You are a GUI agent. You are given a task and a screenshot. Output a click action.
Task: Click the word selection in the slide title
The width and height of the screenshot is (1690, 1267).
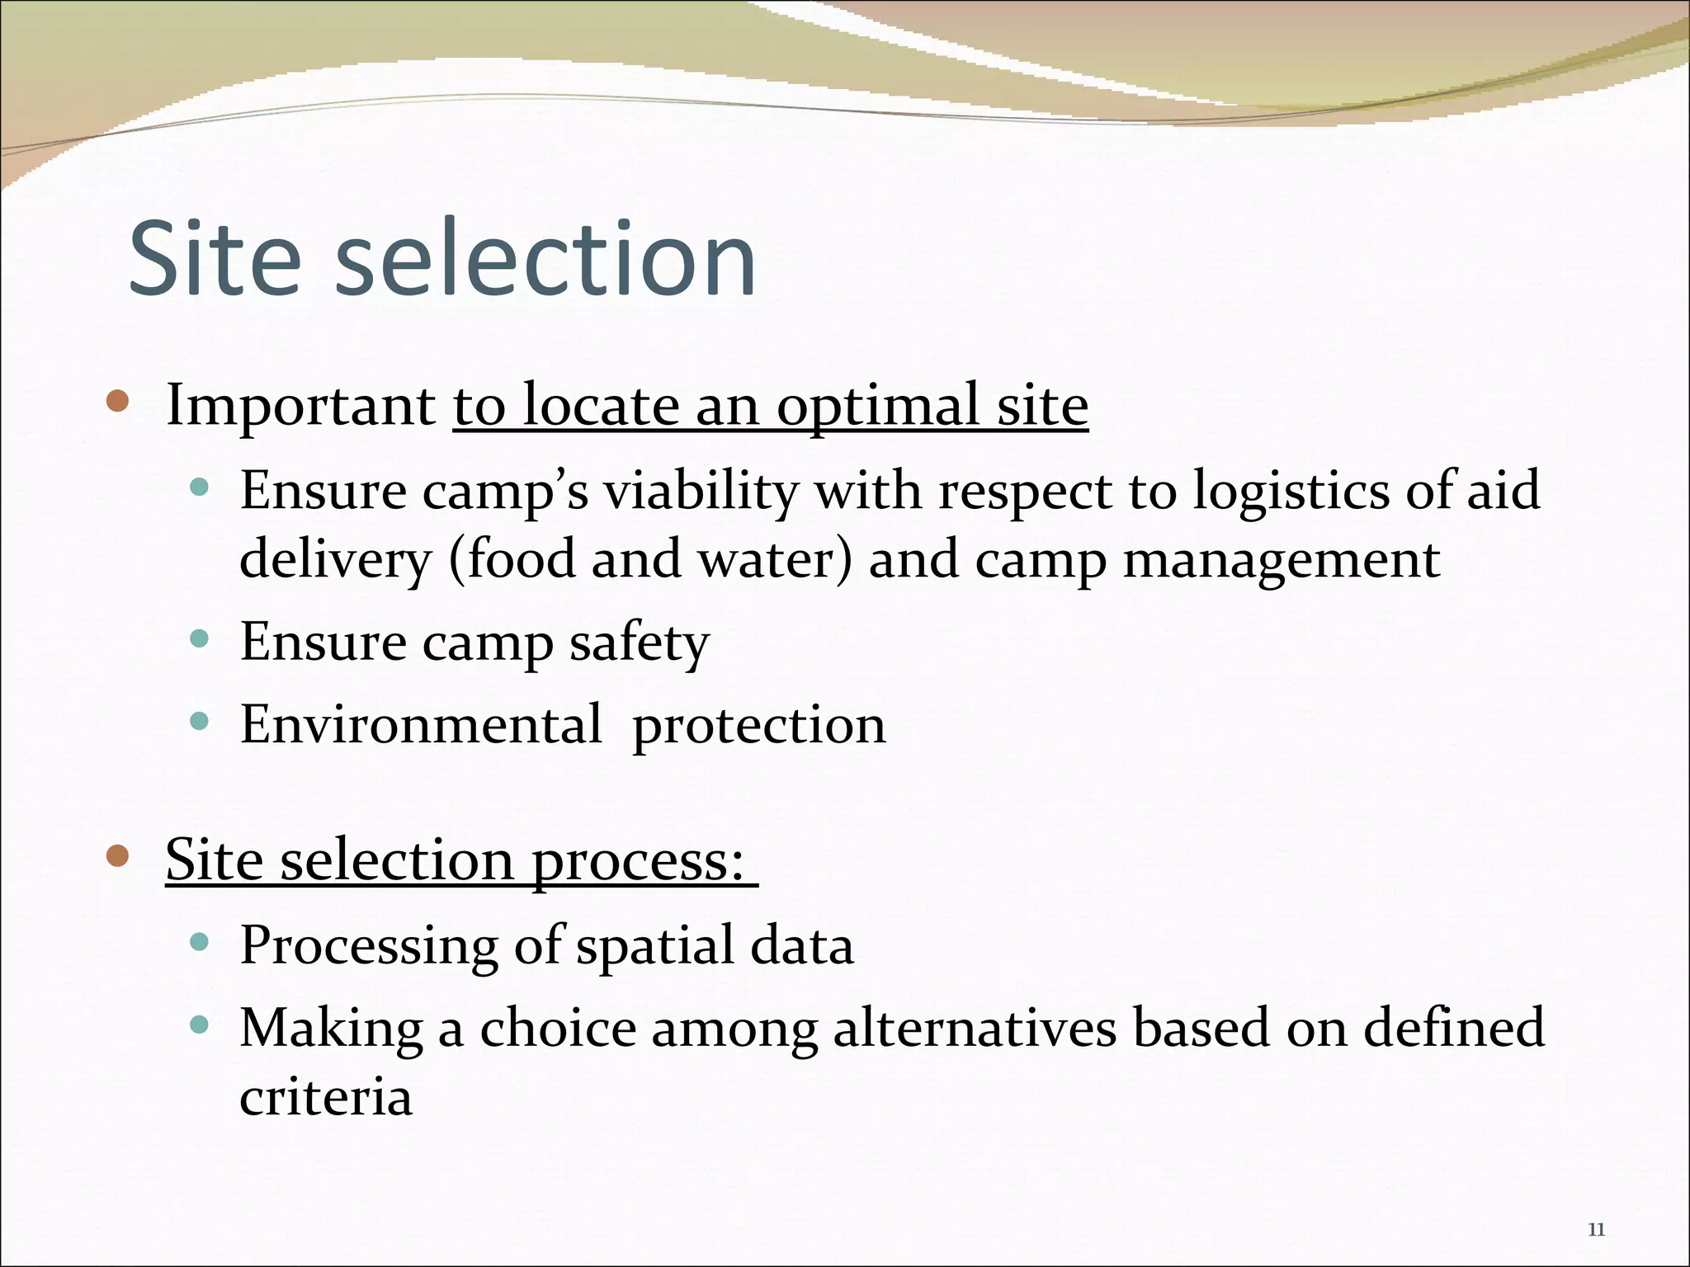tap(545, 258)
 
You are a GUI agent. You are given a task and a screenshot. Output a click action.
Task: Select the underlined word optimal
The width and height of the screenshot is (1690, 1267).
tap(877, 407)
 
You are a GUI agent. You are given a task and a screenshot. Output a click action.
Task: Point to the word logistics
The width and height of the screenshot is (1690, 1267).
tap(1291, 491)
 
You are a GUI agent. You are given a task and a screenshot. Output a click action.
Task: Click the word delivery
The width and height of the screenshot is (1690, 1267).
tap(335, 560)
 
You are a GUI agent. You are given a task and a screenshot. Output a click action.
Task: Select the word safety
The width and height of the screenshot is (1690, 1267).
tap(639, 643)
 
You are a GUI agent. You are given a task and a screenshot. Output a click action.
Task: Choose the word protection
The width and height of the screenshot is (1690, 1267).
tap(758, 726)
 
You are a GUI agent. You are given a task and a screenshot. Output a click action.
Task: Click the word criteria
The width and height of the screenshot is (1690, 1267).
tap(326, 1097)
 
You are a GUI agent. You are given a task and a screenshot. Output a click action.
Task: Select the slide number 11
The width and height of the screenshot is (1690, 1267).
tap(1596, 1230)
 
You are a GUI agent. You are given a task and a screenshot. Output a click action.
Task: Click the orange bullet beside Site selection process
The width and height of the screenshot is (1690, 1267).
tap(118, 856)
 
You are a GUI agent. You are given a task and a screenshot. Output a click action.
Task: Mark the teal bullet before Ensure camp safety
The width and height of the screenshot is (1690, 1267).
tap(198, 638)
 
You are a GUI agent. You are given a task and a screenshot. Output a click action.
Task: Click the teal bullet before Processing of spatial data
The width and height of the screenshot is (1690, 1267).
tap(198, 941)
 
